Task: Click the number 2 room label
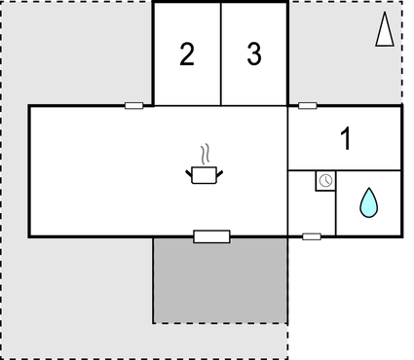(x=186, y=54)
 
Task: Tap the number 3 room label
(x=254, y=54)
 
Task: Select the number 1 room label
(x=345, y=138)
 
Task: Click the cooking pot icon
(x=204, y=174)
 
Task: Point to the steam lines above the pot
(x=204, y=155)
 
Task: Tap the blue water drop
(x=368, y=202)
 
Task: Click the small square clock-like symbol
(x=325, y=181)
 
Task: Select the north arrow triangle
(x=385, y=31)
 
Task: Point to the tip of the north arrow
(x=385, y=16)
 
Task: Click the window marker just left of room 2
(x=134, y=105)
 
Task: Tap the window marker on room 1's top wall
(x=308, y=105)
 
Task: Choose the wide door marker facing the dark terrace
(x=211, y=235)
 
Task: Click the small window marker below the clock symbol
(x=312, y=235)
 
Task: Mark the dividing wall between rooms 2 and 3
(x=221, y=54)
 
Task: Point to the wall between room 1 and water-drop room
(x=368, y=170)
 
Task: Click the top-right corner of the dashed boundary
(x=401, y=2)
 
